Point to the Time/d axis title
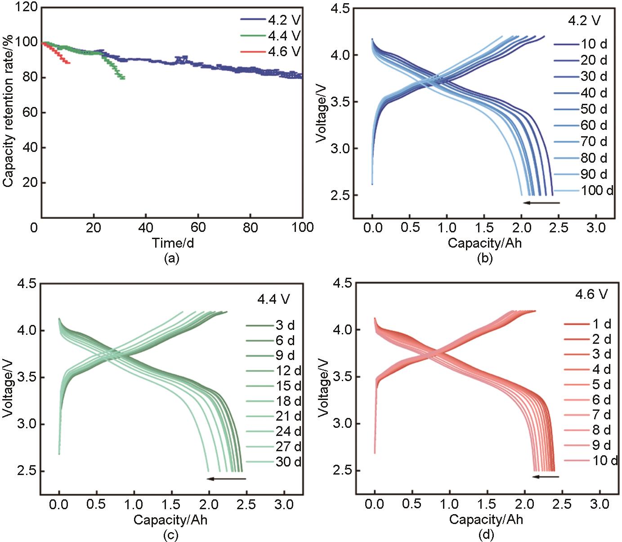(173, 243)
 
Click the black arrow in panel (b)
(541, 203)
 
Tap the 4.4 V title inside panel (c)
(273, 299)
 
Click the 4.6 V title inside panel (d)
(591, 294)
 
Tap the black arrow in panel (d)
(546, 477)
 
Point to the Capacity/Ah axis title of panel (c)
(171, 520)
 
